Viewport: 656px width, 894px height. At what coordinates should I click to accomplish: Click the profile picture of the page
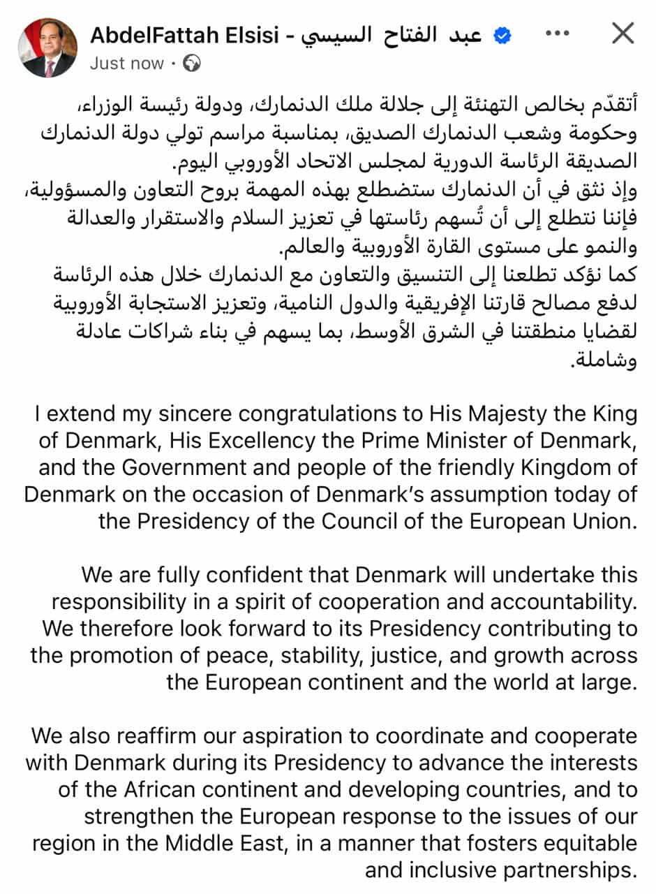[x=47, y=48]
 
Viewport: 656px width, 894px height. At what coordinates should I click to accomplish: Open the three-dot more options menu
[x=556, y=34]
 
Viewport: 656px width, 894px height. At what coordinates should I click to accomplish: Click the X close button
[x=622, y=34]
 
